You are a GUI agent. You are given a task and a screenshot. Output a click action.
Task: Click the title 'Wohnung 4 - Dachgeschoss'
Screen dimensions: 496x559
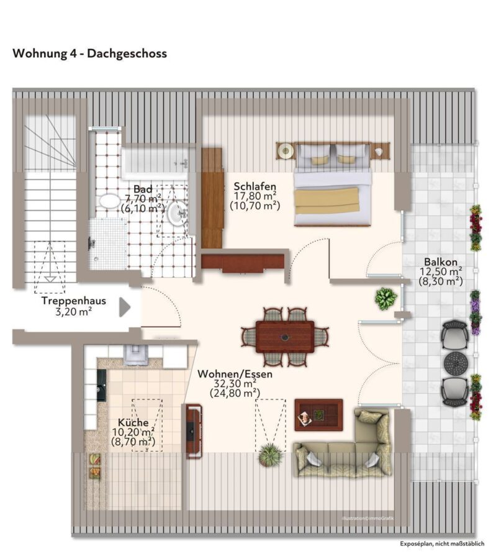[x=90, y=53]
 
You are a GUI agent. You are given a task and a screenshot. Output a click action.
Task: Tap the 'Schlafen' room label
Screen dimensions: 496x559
[x=255, y=186]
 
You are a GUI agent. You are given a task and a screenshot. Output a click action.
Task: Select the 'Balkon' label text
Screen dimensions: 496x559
[x=440, y=262]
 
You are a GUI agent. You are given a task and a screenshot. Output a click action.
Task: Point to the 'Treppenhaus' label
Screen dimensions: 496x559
[x=74, y=301]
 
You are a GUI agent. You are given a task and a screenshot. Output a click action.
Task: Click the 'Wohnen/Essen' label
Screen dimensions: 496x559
[x=235, y=374]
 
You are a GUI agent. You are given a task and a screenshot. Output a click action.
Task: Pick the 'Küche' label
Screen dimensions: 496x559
[x=133, y=422]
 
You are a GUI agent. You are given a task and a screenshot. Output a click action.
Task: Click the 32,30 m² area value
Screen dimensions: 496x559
[x=235, y=384]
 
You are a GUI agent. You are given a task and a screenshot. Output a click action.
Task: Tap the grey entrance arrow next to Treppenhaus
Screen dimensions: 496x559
[x=124, y=307]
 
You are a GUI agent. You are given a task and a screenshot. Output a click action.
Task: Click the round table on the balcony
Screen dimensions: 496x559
[x=456, y=363]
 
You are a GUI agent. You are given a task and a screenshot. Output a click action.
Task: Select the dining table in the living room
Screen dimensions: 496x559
[x=285, y=337]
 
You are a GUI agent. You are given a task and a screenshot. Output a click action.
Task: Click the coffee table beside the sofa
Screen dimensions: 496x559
[x=318, y=415]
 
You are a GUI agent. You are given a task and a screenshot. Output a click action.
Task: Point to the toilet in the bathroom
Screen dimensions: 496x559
[x=109, y=201]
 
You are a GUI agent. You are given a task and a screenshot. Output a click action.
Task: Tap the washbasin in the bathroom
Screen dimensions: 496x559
[x=177, y=214]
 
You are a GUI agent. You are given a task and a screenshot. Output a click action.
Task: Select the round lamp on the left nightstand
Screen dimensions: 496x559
[x=285, y=150]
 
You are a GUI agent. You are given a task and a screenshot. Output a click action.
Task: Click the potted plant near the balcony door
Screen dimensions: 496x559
[x=386, y=298]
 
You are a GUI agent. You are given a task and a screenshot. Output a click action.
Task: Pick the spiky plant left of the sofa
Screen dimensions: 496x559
[x=271, y=455]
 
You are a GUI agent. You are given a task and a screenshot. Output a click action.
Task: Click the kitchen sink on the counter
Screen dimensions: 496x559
[x=135, y=354]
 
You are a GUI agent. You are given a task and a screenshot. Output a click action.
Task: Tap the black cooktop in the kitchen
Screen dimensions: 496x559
[x=102, y=385]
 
